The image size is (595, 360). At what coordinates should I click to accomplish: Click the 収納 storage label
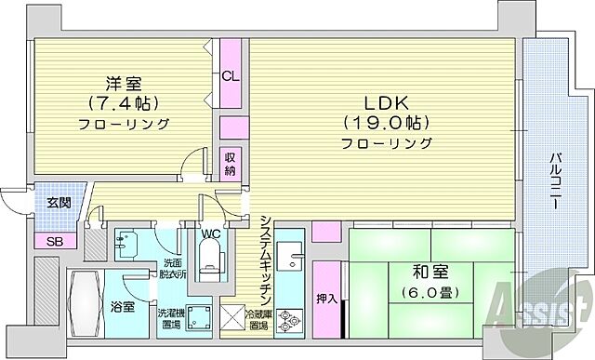click(x=230, y=164)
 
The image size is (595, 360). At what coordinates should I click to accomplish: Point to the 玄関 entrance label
click(x=46, y=202)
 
